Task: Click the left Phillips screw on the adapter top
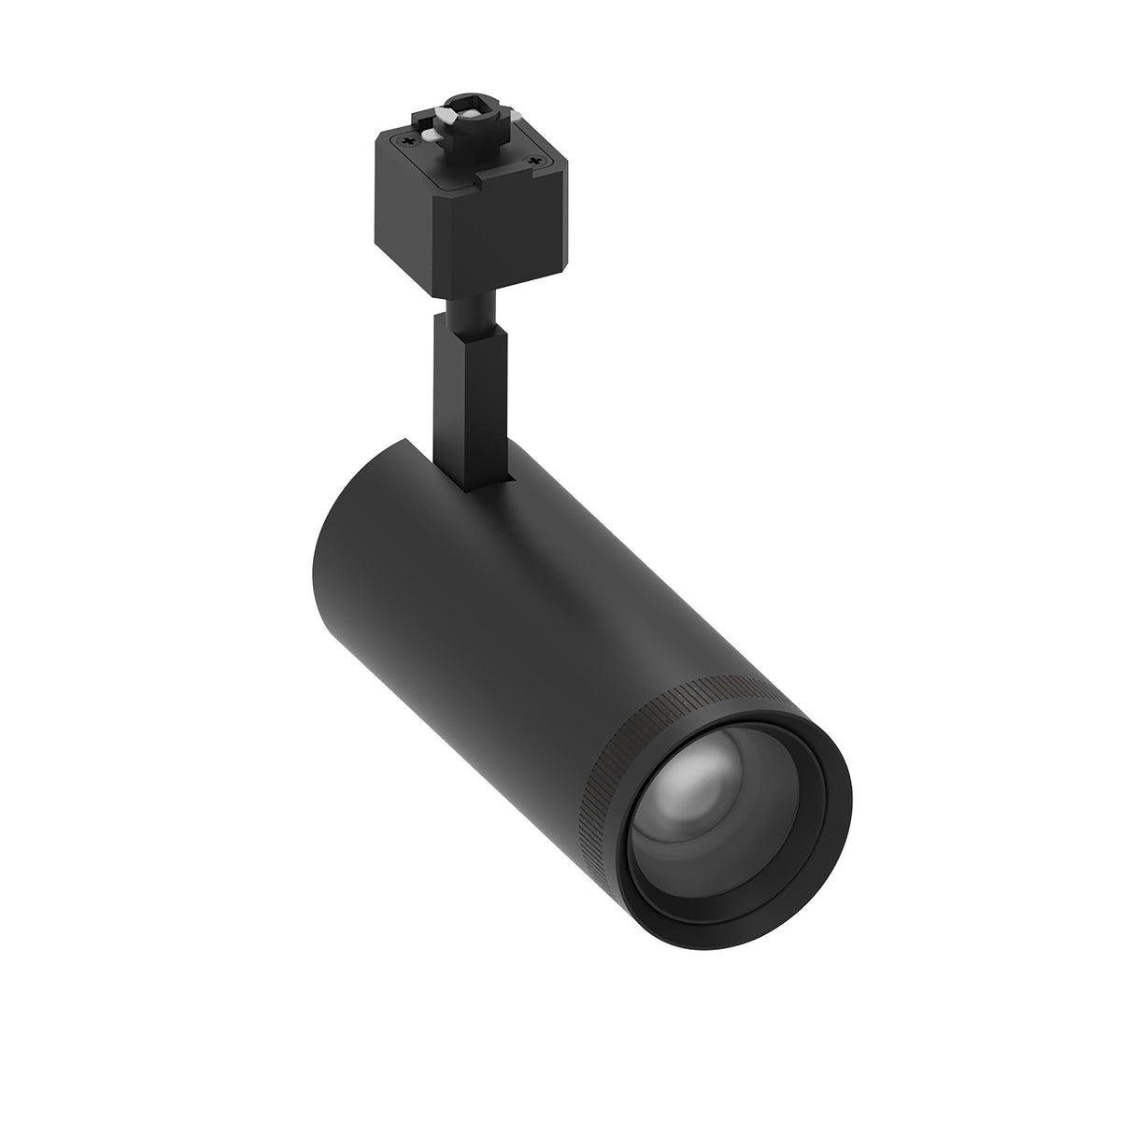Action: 404,143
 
